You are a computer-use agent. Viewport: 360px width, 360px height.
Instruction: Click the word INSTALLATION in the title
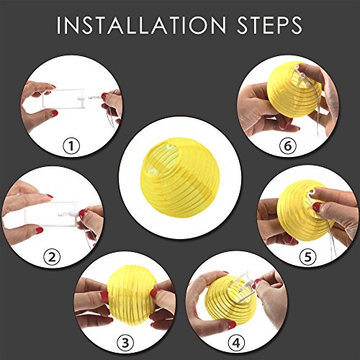tap(141, 25)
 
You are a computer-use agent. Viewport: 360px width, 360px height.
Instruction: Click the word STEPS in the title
tap(269, 25)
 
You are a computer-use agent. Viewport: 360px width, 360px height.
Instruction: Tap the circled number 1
tap(71, 145)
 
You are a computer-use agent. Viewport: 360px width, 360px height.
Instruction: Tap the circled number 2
tap(52, 257)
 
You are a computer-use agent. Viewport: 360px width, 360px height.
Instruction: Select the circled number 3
tap(125, 343)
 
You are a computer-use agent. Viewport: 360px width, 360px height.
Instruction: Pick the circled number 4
tap(236, 342)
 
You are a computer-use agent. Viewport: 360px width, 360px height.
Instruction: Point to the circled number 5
tap(308, 257)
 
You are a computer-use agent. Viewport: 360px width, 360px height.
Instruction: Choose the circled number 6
tap(288, 145)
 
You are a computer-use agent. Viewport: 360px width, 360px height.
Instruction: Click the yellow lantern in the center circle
tap(180, 177)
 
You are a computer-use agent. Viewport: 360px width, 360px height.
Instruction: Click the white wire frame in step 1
tap(63, 98)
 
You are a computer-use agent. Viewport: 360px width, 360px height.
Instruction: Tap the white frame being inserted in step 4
tap(243, 286)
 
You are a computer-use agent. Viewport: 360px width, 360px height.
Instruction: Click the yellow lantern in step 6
tap(294, 89)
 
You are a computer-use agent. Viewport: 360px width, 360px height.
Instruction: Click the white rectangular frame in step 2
tap(52, 215)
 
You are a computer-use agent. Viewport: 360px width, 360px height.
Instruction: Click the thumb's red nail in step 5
tap(317, 207)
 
